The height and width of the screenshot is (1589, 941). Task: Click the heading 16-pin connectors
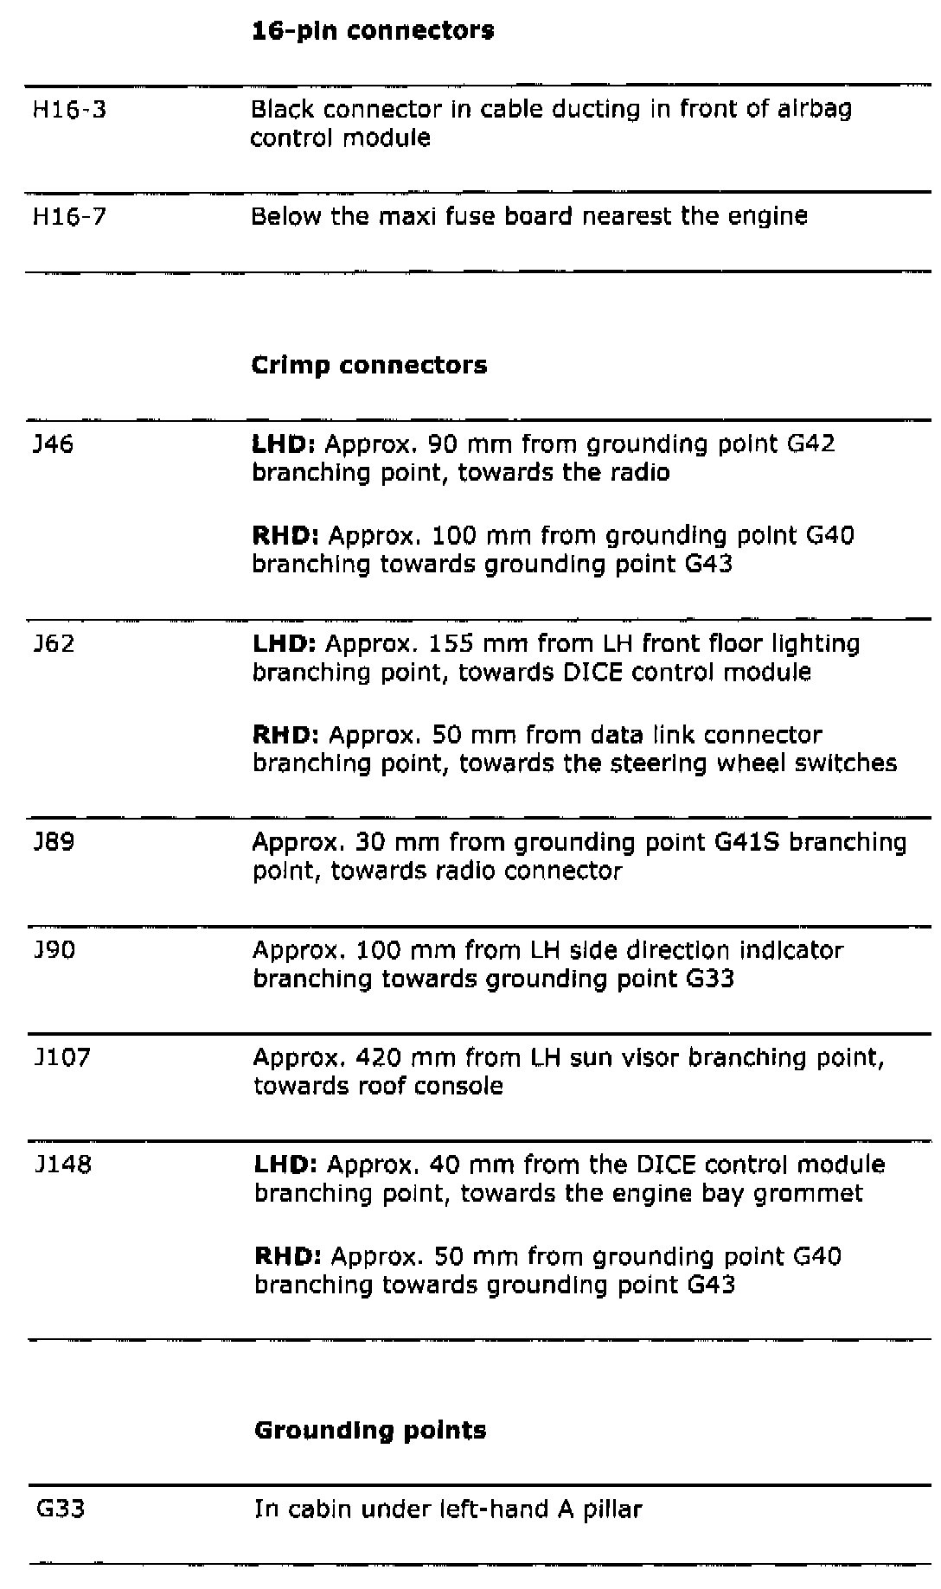click(372, 31)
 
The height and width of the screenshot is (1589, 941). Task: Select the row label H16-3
click(69, 110)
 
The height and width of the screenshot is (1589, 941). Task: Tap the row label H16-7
click(69, 216)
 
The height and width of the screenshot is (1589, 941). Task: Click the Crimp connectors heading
click(368, 366)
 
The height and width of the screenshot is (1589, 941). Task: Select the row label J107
click(61, 1057)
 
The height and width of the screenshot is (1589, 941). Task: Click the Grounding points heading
click(370, 1431)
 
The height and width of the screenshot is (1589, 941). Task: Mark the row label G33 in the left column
click(60, 1509)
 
